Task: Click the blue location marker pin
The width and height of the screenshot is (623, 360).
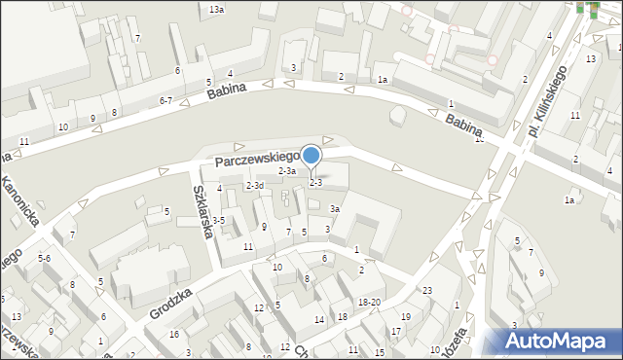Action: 311,156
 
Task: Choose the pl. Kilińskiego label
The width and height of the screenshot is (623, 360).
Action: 547,103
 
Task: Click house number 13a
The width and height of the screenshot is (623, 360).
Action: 216,9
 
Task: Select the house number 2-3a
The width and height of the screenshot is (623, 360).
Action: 287,171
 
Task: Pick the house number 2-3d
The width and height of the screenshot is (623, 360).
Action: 255,185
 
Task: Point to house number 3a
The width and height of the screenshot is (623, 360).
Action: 334,209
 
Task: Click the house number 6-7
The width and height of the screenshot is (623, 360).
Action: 165,100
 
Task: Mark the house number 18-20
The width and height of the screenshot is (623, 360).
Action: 369,303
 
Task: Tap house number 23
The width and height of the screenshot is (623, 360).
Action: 426,291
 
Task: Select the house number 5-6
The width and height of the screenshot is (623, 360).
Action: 44,259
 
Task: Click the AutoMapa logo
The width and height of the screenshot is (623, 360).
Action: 560,342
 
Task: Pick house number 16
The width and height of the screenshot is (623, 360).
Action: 173,335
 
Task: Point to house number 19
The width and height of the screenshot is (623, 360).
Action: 406,317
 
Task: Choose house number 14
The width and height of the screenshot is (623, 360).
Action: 318,320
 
